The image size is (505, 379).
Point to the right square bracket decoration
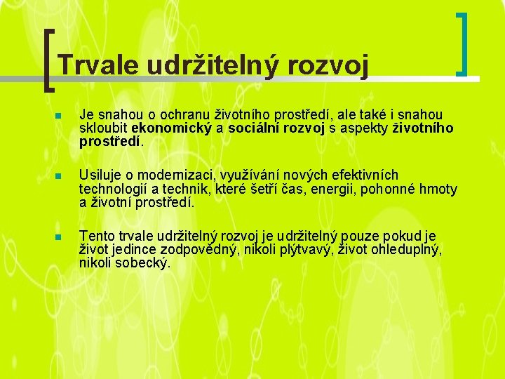(462, 44)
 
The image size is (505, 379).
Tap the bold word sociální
(253, 128)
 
